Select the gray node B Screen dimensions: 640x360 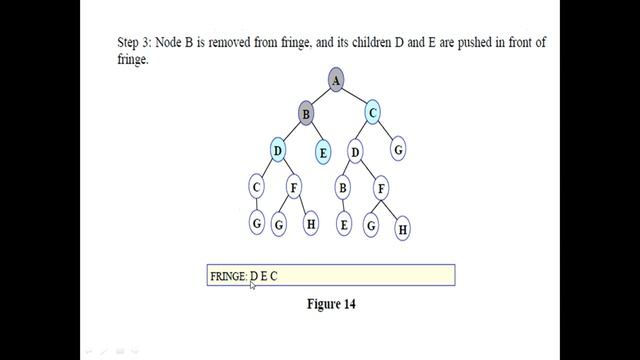pos(305,114)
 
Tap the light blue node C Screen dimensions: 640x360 pos(372,114)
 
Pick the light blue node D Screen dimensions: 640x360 pos(278,151)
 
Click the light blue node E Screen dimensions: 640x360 pos(323,153)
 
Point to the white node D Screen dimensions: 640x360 pos(355,152)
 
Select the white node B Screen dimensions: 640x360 pos(342,187)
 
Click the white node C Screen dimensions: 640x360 pos(256,187)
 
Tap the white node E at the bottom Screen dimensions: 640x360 pos(344,225)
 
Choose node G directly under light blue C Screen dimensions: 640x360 pos(398,150)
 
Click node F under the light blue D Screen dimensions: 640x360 pos(293,187)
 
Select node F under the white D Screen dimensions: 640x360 pos(381,187)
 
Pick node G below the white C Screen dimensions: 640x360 pos(256,224)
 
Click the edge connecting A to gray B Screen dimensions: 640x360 pos(320,97)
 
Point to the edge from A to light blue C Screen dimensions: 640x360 pos(354,97)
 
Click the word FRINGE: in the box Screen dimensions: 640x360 pos(229,276)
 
